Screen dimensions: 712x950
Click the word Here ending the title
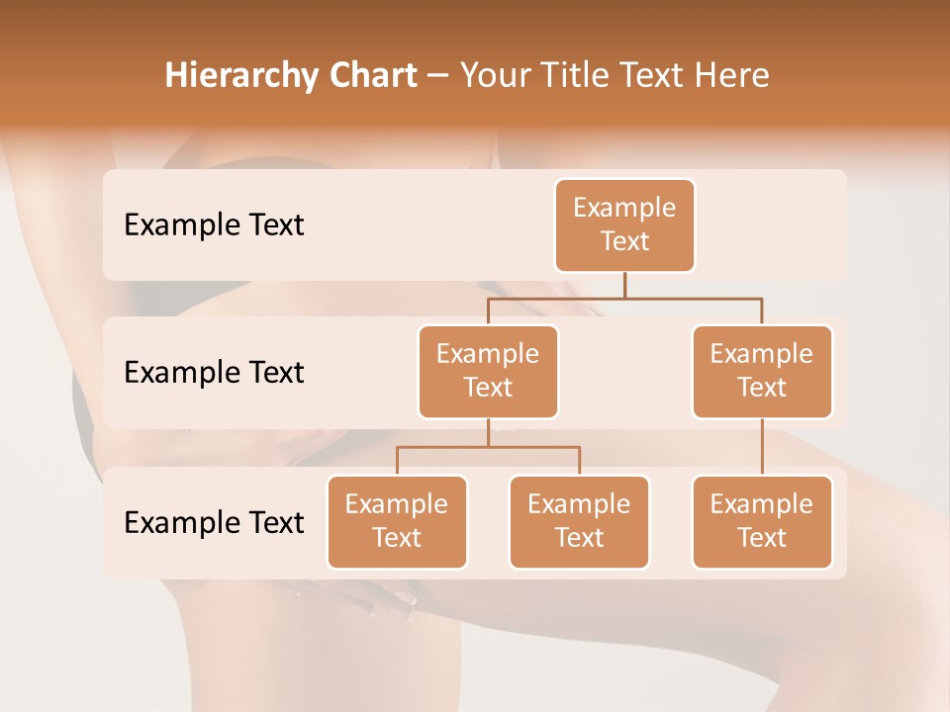coord(732,75)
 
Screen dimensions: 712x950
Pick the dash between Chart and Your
coord(437,77)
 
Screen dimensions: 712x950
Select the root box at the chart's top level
coord(624,225)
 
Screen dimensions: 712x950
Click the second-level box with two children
coord(488,372)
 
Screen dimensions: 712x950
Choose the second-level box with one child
coord(762,372)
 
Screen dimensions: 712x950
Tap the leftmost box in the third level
coord(397,522)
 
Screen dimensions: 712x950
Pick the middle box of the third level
coord(579,522)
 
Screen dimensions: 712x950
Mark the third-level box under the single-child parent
coord(762,522)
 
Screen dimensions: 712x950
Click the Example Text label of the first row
coord(214,225)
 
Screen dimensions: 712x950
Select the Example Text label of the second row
coord(214,373)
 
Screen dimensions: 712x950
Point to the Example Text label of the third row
coord(214,522)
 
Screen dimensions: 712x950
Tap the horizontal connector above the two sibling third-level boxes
coord(534,447)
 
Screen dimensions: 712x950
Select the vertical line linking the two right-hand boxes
coord(762,447)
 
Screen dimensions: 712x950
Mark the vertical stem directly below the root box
coord(624,285)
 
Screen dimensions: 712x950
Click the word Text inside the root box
coord(624,241)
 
